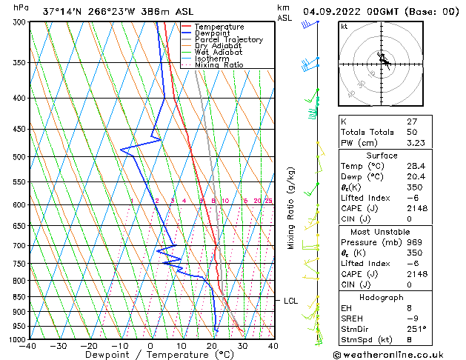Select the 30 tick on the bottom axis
click(x=242, y=346)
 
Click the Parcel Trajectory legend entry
click(x=228, y=40)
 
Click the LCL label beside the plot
click(x=290, y=301)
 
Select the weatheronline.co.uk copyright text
click(x=397, y=354)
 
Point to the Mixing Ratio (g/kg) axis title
click(x=291, y=209)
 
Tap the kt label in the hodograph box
click(x=344, y=27)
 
